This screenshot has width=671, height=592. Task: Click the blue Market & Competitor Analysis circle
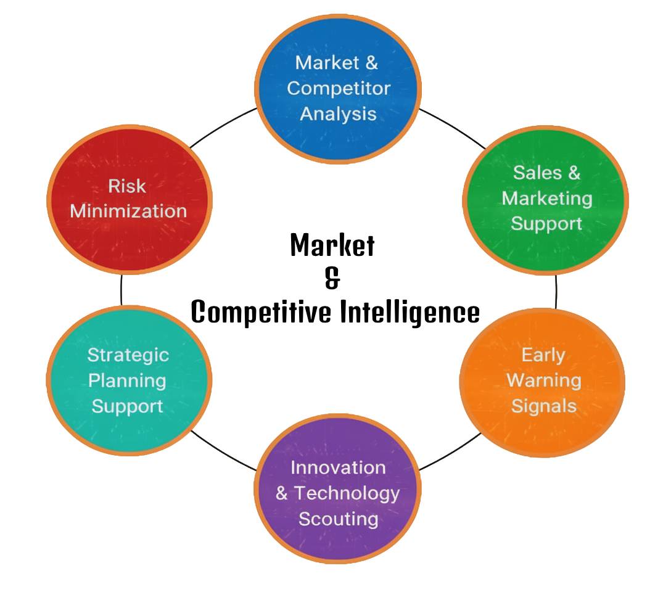click(338, 88)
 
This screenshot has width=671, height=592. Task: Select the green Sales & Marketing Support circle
click(545, 199)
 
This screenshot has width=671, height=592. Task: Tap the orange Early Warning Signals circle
click(543, 381)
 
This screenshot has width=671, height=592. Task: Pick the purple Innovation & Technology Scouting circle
click(337, 492)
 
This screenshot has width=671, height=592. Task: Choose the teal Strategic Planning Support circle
click(128, 380)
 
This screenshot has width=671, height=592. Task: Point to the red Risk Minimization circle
click(128, 199)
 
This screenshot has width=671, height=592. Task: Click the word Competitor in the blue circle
click(338, 88)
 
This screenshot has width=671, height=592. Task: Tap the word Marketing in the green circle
click(546, 199)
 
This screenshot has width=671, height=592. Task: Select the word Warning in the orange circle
click(543, 380)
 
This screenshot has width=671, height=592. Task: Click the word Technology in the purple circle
click(346, 493)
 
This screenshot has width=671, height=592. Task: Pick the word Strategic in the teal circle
click(128, 355)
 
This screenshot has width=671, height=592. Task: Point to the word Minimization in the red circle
click(128, 211)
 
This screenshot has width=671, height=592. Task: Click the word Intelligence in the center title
click(410, 312)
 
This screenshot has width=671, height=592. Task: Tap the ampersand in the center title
click(332, 279)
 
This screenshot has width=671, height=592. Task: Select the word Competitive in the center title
click(261, 312)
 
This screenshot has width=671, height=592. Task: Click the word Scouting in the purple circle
click(338, 519)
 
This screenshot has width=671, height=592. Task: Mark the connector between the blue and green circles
click(453, 128)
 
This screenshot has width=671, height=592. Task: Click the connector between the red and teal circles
click(121, 290)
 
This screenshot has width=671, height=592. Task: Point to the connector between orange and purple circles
click(450, 451)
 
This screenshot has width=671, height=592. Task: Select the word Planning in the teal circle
click(127, 380)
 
